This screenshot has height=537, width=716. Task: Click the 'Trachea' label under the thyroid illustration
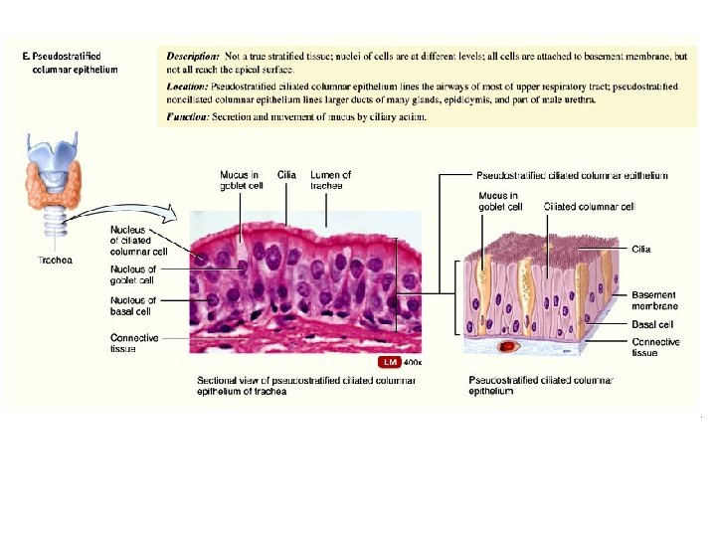tap(54, 261)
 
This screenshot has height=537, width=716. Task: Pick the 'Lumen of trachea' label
tap(331, 180)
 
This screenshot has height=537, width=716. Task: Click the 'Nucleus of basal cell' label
tap(132, 304)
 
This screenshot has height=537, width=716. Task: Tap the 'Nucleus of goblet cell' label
tap(133, 273)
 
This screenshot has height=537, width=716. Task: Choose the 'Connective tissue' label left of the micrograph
tap(134, 343)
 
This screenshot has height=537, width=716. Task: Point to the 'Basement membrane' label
tap(654, 301)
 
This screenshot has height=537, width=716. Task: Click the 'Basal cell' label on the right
tap(652, 324)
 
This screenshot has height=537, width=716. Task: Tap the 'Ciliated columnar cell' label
tap(590, 207)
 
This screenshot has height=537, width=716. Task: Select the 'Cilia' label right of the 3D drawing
tap(641, 250)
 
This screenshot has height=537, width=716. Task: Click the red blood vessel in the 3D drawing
tap(510, 347)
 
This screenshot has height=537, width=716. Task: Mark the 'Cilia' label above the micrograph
tap(286, 175)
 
